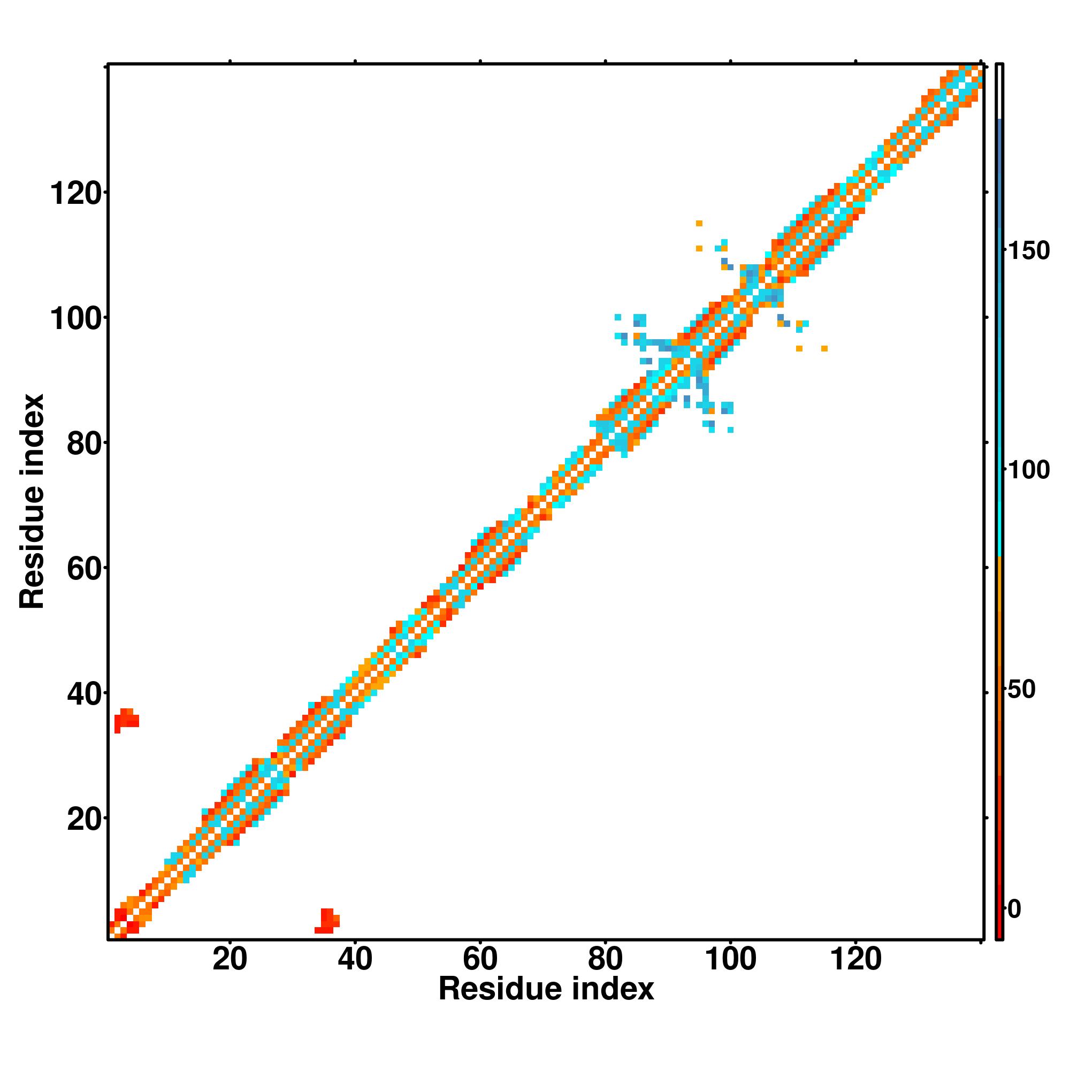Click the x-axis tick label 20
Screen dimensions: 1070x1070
click(x=230, y=959)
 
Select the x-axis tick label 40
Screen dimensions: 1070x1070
click(x=355, y=959)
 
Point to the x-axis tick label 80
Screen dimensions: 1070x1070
click(x=605, y=959)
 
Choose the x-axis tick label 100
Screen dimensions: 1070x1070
click(x=730, y=959)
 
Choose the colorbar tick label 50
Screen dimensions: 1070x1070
click(x=1022, y=690)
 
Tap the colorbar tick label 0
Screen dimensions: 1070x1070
click(x=1014, y=909)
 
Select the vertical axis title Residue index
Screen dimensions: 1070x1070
click(x=32, y=501)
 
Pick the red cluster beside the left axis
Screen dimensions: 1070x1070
click(x=127, y=720)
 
